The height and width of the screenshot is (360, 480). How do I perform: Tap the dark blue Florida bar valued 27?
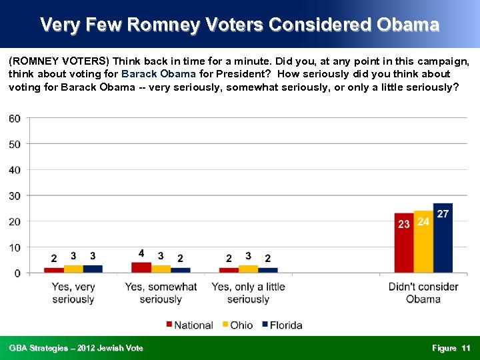click(443, 240)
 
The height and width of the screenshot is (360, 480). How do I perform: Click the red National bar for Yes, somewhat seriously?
click(141, 267)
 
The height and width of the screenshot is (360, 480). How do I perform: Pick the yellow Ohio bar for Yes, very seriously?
click(73, 269)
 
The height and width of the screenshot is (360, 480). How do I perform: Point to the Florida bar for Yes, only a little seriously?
click(268, 270)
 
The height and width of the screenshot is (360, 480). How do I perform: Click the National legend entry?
click(189, 325)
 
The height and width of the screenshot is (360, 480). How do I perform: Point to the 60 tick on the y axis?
click(14, 119)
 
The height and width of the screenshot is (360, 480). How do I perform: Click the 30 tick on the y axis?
click(14, 196)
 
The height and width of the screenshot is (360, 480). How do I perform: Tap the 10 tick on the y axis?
click(14, 247)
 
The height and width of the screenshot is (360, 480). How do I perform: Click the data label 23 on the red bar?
click(403, 225)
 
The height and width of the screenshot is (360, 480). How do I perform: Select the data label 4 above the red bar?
click(141, 253)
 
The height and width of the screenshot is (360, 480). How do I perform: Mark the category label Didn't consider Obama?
click(423, 293)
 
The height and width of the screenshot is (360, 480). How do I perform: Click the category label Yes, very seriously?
click(73, 293)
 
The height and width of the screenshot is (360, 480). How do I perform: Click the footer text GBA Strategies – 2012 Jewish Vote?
click(76, 348)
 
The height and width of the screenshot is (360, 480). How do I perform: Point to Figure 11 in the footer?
click(451, 348)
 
